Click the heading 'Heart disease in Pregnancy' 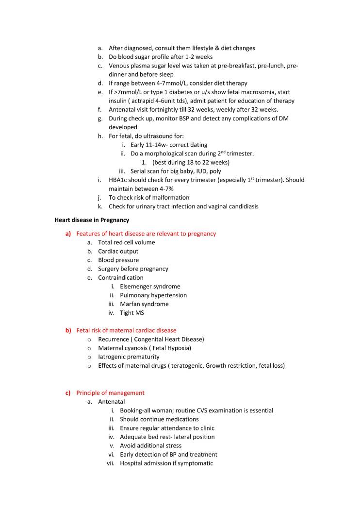click(91, 220)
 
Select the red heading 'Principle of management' click(110, 392)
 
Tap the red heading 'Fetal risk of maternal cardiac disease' click(126, 330)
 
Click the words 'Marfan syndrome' click(144, 304)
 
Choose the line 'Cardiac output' click(118, 251)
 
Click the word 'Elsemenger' click(135, 287)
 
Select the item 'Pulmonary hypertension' click(153, 295)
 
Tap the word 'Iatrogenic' click(112, 357)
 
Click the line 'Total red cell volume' click(126, 242)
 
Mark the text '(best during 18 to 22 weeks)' click(191, 162)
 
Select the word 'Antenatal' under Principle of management click(111, 402)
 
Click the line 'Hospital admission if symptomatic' click(166, 463)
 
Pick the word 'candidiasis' click(242, 206)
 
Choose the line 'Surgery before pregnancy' click(133, 269)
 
